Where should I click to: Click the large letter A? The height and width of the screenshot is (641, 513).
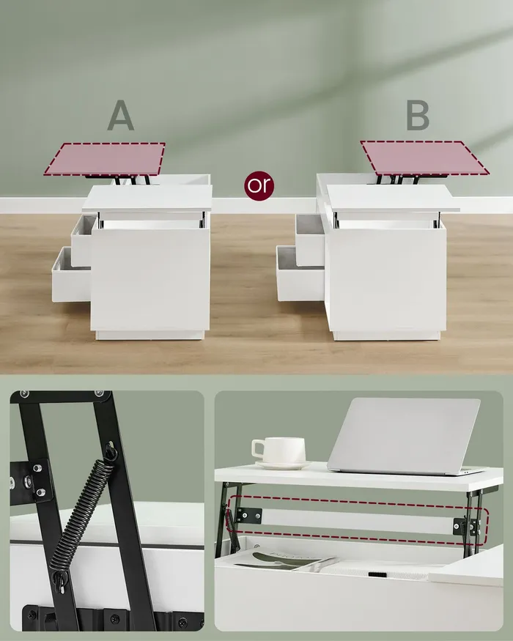pyautogui.click(x=121, y=115)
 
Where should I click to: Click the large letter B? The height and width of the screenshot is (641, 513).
pyautogui.click(x=418, y=115)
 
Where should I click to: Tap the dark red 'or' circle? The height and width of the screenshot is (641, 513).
pyautogui.click(x=259, y=185)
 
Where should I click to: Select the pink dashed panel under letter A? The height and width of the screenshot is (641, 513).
pyautogui.click(x=105, y=159)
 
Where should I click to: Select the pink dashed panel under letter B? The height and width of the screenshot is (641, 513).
pyautogui.click(x=424, y=158)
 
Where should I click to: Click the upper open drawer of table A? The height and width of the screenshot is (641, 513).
pyautogui.click(x=84, y=240)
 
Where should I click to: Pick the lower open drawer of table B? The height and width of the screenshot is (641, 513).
pyautogui.click(x=300, y=273)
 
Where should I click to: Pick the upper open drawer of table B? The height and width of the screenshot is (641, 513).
pyautogui.click(x=310, y=239)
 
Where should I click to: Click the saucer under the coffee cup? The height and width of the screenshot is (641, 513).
pyautogui.click(x=283, y=465)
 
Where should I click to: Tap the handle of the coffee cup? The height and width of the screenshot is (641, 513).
pyautogui.click(x=258, y=448)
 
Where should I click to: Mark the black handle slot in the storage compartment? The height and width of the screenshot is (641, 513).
pyautogui.click(x=377, y=574)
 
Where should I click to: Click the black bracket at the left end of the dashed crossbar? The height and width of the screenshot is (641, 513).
pyautogui.click(x=248, y=516)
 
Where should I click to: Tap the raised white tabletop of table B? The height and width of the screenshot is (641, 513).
pyautogui.click(x=393, y=199)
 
